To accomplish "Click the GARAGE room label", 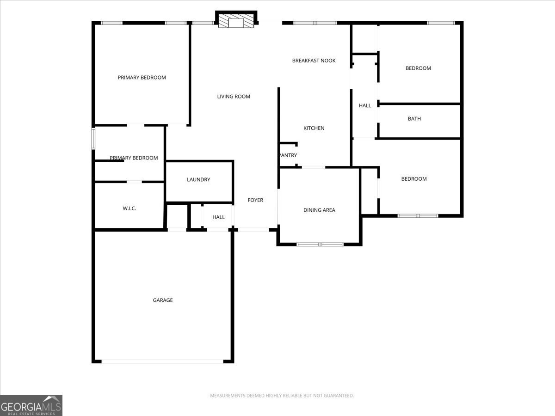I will coord(163,300).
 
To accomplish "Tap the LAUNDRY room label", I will coord(198,179).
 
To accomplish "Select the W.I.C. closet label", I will coord(129,208).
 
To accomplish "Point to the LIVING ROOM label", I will coord(234,97).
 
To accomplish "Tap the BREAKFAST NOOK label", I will coord(314,61).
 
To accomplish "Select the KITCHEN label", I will coord(314,128).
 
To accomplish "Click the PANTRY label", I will coord(288,155).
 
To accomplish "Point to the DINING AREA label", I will coord(319,210).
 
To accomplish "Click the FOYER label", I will coord(255,200).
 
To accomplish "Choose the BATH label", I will coord(414,119).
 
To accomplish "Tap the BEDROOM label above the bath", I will coord(418,68).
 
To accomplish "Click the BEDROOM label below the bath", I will coord(414,179).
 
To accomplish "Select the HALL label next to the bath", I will coord(365,105).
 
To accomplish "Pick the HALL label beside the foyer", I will coord(218,217).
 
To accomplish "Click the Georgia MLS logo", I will coord(31,405).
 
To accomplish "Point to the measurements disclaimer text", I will coord(282,396).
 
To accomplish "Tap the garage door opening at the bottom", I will coord(162,361).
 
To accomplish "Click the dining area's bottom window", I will coord(320,244).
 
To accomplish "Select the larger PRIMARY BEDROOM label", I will coord(142,78).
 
